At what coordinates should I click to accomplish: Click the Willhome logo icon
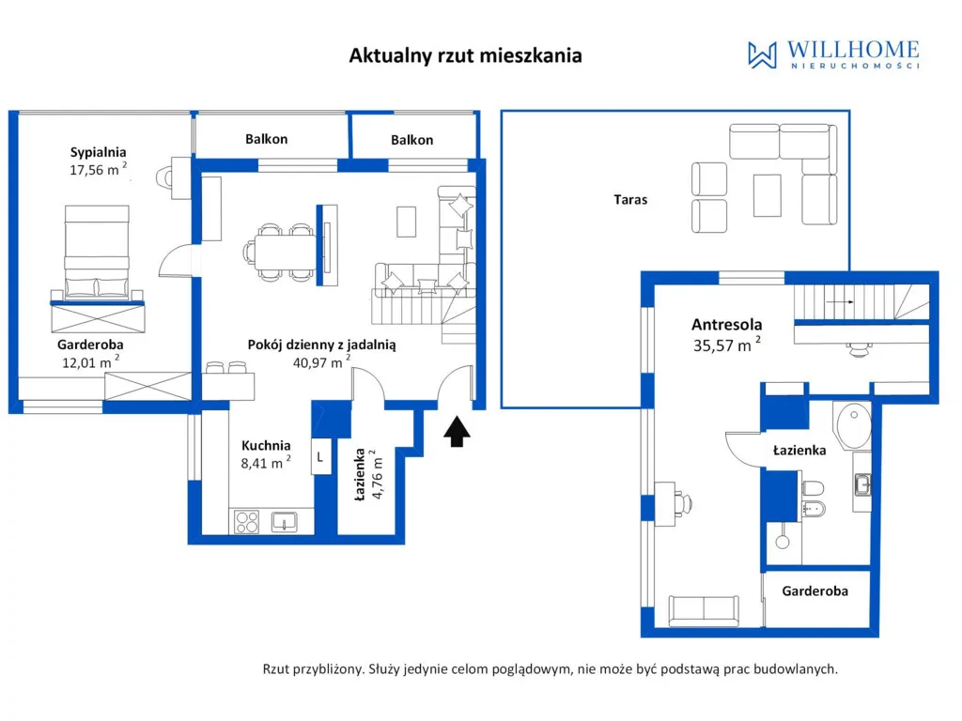[x=762, y=54]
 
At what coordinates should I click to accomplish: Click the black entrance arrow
[x=458, y=432]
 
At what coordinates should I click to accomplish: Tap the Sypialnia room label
[x=98, y=152]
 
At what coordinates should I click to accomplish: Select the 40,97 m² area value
[x=321, y=361]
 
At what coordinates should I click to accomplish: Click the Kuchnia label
[x=266, y=446]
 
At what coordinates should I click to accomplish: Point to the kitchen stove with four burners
[x=247, y=522]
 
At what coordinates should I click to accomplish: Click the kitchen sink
[x=285, y=522]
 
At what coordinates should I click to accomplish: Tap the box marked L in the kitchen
[x=321, y=457]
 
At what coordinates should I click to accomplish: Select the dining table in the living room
[x=286, y=253]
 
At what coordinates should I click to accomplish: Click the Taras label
[x=630, y=199]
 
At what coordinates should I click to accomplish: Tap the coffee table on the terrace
[x=767, y=195]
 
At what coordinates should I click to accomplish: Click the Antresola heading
[x=727, y=324]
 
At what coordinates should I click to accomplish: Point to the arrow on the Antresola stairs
[x=840, y=301]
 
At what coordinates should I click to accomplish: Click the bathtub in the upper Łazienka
[x=852, y=425]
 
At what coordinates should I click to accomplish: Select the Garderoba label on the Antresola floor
[x=815, y=591]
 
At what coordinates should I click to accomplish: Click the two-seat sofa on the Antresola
[x=703, y=610]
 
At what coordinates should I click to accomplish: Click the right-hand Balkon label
[x=412, y=140]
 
